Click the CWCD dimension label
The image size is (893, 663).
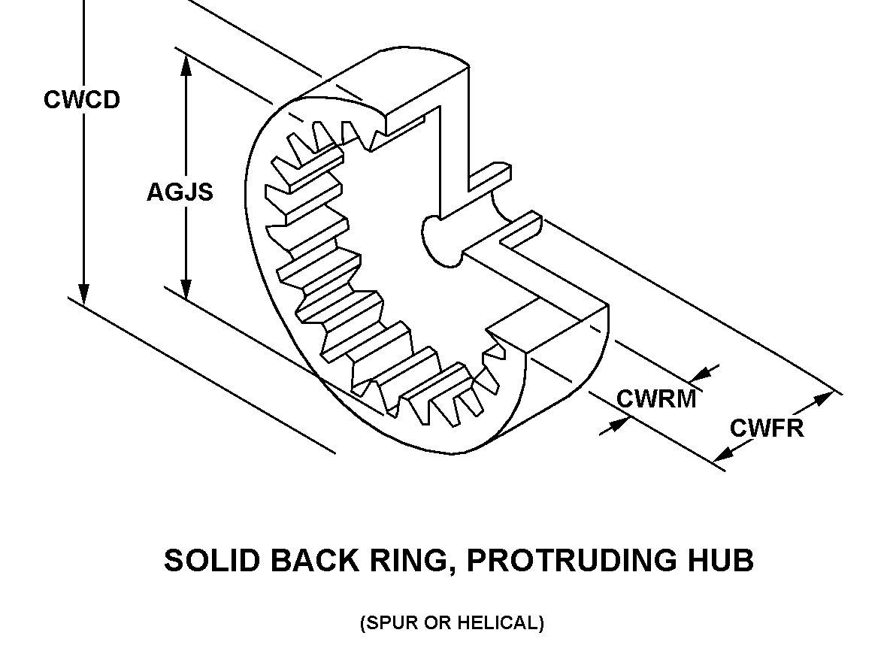coord(81,100)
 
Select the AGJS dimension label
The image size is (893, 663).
coord(180,192)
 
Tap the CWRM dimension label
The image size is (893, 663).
coord(656,398)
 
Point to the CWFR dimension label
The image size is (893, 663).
coord(767,428)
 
